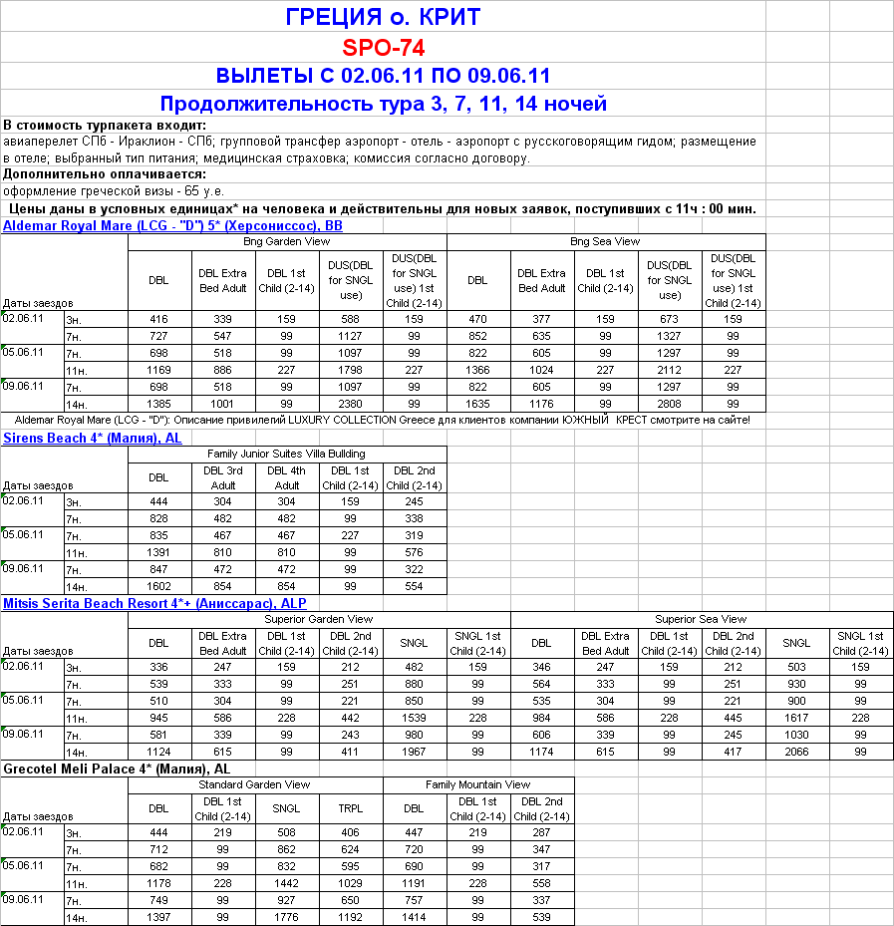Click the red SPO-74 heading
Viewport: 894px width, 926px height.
pyautogui.click(x=384, y=47)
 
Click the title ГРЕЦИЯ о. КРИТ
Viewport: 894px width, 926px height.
pyautogui.click(x=383, y=17)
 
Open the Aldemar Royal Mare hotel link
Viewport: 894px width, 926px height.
pyautogui.click(x=172, y=226)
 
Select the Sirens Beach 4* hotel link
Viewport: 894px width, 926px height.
pyautogui.click(x=93, y=439)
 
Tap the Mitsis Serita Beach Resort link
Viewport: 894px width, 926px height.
pyautogui.click(x=154, y=604)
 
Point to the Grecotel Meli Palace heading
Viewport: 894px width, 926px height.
pyautogui.click(x=117, y=770)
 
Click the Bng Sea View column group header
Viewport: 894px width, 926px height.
pyautogui.click(x=605, y=242)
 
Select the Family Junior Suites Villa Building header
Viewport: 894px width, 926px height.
pyautogui.click(x=286, y=455)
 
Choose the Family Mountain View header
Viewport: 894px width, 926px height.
pyautogui.click(x=477, y=785)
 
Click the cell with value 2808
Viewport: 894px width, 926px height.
pyautogui.click(x=670, y=405)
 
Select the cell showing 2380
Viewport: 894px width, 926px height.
pyautogui.click(x=351, y=405)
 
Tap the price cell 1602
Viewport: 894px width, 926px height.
pyautogui.click(x=158, y=586)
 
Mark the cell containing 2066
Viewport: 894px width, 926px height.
pyautogui.click(x=796, y=752)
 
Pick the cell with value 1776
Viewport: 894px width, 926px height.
pyautogui.click(x=287, y=917)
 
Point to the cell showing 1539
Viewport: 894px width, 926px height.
pyautogui.click(x=414, y=718)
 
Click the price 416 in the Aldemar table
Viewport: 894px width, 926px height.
pyautogui.click(x=158, y=320)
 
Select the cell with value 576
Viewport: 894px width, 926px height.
pyautogui.click(x=414, y=552)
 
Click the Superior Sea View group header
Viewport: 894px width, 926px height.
pyautogui.click(x=701, y=620)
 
